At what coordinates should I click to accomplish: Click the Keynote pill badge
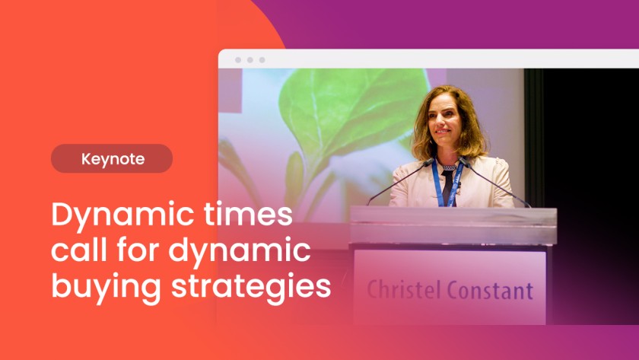[x=112, y=158]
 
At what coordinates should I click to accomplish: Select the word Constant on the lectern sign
[x=490, y=290]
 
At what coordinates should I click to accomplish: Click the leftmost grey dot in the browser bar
[x=238, y=60]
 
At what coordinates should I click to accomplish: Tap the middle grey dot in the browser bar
[x=250, y=60]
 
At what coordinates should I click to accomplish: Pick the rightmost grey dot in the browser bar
[x=262, y=60]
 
